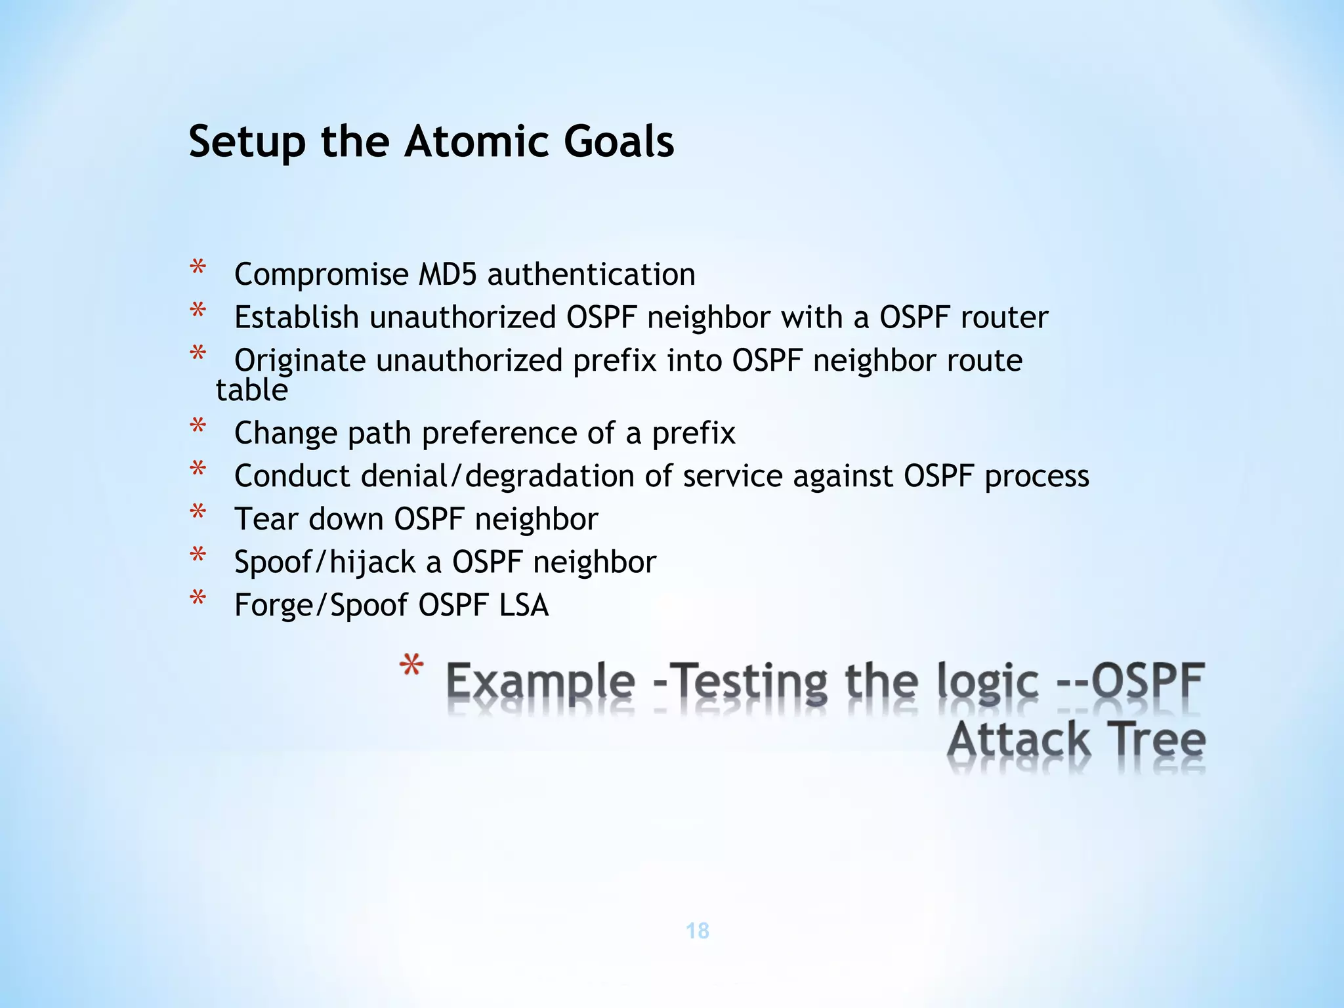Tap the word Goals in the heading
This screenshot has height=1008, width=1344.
point(618,141)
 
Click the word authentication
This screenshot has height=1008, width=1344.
point(591,274)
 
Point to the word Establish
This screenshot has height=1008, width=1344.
point(297,318)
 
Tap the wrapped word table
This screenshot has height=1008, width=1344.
point(252,390)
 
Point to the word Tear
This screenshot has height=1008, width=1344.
point(266,519)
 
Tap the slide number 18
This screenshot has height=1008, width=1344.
point(697,931)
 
